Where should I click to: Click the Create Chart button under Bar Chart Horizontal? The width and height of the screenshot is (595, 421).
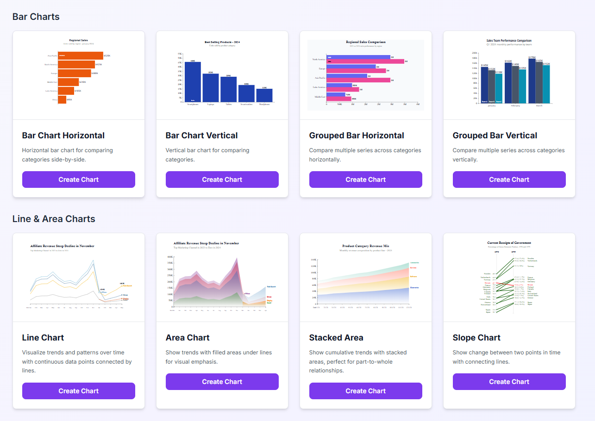79,180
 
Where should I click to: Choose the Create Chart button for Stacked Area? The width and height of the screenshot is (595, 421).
366,391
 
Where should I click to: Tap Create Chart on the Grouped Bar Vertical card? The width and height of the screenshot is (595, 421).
509,180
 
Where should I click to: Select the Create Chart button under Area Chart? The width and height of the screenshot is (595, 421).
222,382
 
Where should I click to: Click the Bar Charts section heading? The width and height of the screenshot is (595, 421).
36,17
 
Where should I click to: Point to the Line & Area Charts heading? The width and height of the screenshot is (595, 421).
54,219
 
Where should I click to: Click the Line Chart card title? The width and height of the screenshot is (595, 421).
43,338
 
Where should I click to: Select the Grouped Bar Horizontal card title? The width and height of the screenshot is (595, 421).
357,136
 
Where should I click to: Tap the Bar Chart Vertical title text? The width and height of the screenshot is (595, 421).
202,136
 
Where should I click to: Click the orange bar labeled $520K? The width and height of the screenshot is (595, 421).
81,56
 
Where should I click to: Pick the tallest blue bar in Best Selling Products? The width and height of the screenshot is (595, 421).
193,82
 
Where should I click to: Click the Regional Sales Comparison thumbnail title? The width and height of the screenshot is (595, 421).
366,42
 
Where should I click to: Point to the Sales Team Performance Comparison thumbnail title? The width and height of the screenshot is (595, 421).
509,41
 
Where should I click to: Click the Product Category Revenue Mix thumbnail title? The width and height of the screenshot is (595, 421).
366,246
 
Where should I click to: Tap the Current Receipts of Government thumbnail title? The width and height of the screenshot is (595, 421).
509,243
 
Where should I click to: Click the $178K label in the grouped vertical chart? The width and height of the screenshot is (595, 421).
532,57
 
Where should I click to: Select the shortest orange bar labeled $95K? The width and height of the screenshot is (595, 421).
62,99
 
